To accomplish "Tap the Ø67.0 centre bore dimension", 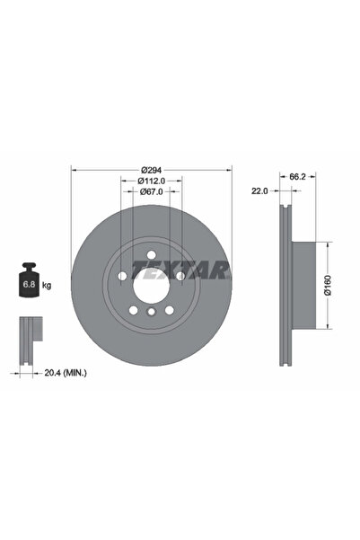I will (151, 191).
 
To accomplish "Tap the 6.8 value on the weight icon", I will (29, 285).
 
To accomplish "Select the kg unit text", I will (47, 285).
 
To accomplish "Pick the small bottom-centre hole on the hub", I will (151, 313).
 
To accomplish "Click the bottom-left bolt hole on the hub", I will (132, 310).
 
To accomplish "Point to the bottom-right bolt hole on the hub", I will (170, 310).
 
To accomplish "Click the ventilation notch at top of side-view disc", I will (285, 214).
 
